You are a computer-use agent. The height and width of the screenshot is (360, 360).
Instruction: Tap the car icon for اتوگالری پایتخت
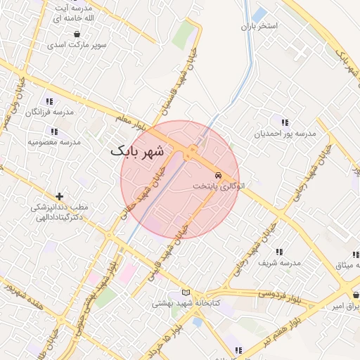point(219,174)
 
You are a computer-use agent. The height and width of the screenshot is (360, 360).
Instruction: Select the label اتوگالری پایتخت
point(219,187)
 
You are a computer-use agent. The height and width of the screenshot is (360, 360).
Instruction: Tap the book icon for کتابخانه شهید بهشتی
point(186,292)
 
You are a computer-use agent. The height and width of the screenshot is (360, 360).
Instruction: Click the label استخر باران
point(259,27)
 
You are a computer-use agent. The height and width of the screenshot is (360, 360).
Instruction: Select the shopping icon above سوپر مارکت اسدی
point(76,33)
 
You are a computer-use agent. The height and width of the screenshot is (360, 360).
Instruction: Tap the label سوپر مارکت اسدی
point(77,44)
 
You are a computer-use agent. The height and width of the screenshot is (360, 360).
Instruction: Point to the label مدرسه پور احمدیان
point(285,133)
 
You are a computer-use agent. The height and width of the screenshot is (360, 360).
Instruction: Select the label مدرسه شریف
point(279,263)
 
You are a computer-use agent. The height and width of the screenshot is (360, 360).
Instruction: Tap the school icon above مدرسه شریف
point(279,252)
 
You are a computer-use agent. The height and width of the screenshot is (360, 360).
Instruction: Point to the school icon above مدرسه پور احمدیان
point(284,122)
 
